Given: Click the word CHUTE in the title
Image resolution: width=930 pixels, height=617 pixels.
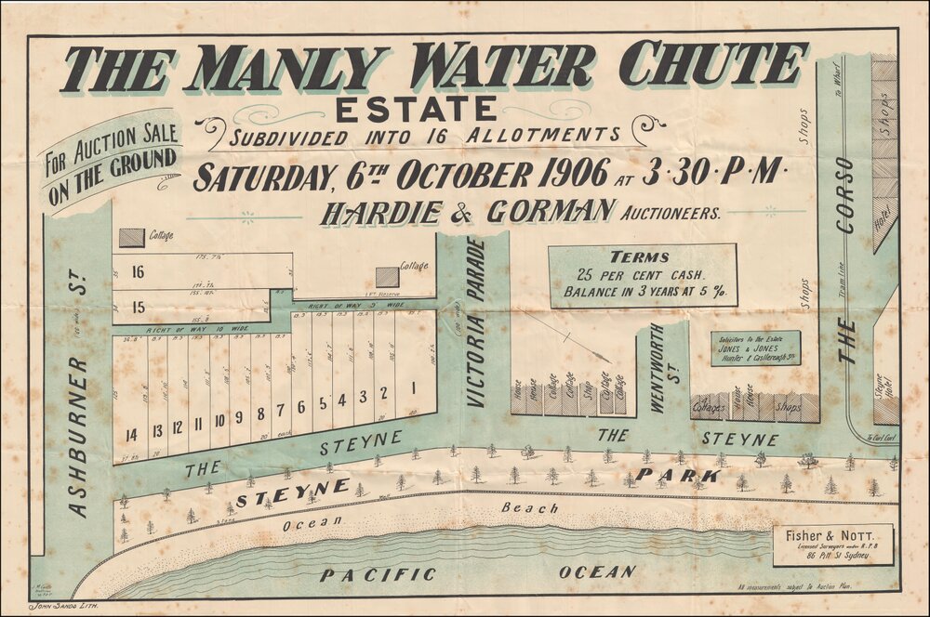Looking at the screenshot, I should pos(711,65).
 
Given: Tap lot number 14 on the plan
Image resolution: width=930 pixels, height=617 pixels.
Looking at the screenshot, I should pos(131,434).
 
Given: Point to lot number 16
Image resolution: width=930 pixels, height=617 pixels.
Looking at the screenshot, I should pos(139,272).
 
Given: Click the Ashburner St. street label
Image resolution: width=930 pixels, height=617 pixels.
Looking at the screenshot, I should pos(79,400).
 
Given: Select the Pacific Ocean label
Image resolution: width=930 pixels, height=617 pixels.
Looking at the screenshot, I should pos(479,573).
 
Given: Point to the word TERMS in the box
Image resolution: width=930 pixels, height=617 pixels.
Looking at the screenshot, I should pos(641,256).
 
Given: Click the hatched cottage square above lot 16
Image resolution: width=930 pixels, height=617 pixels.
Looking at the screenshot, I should pos(132,238).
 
